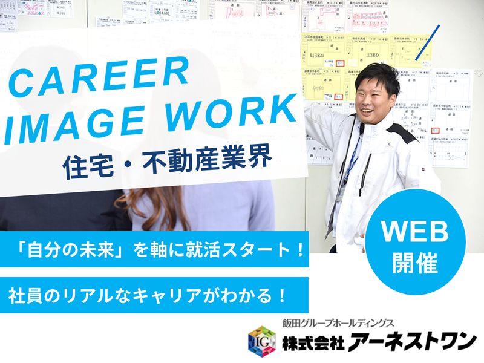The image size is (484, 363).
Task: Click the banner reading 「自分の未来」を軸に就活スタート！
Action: tap(154, 249)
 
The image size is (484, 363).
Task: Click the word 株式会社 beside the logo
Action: tap(313, 342)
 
